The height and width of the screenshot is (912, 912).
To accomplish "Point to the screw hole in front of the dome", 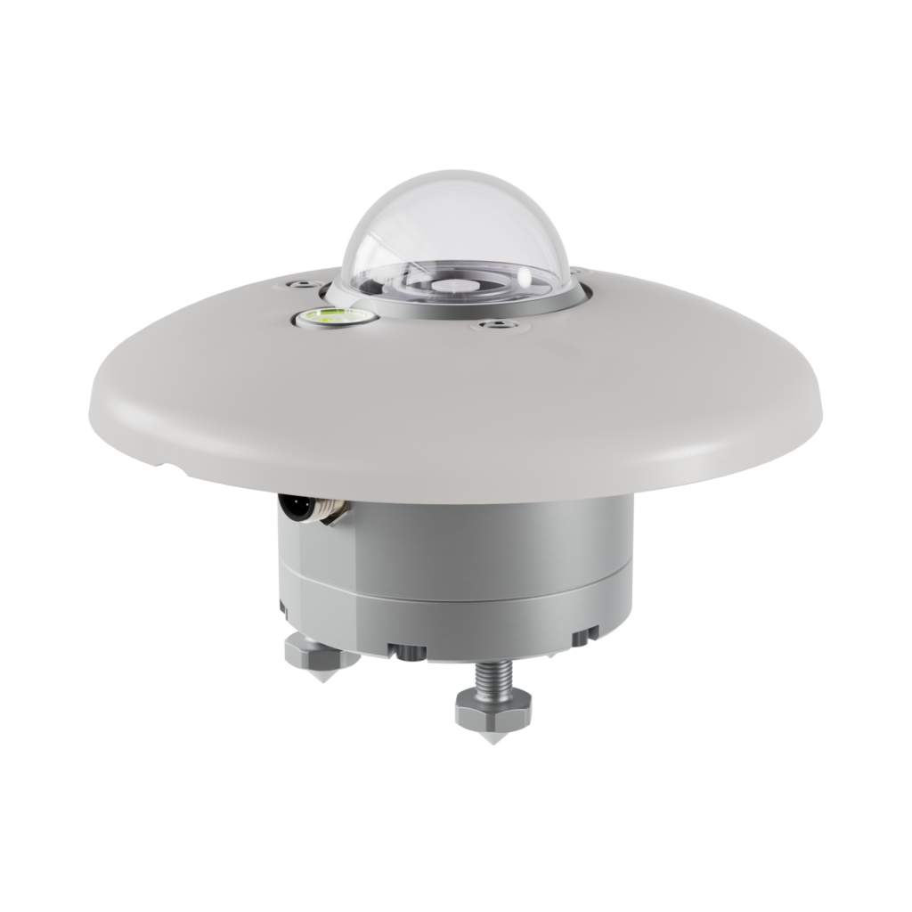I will (x=493, y=329).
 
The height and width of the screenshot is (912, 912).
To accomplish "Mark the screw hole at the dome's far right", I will (x=577, y=269).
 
